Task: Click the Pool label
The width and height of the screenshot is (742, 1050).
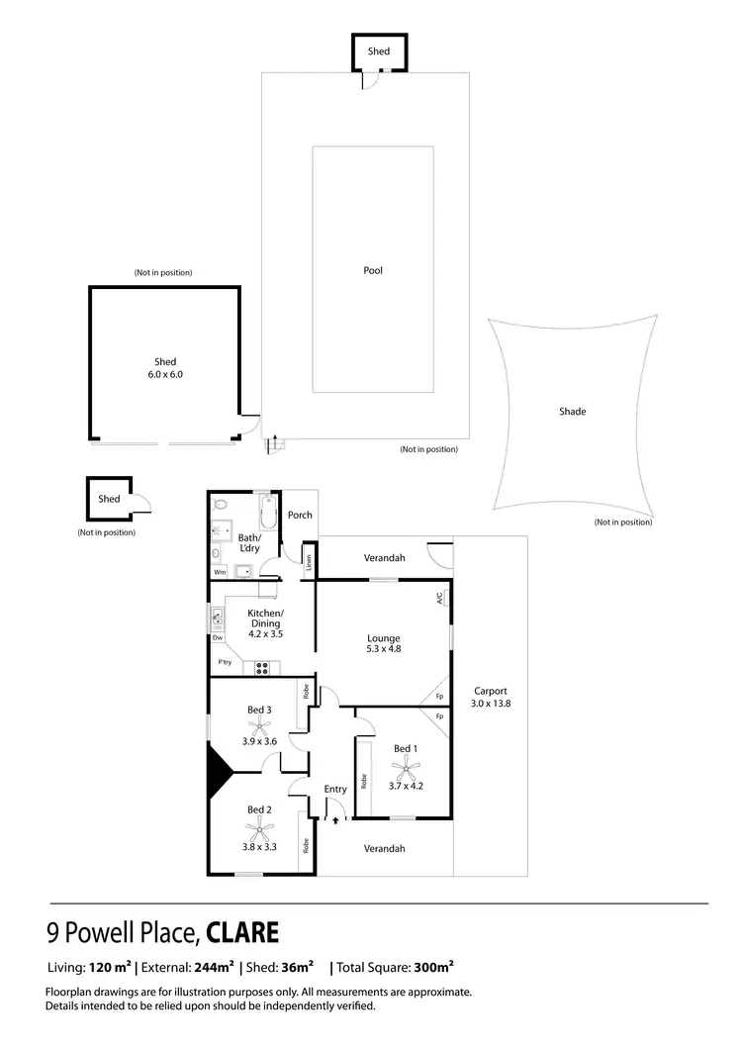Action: pyautogui.click(x=372, y=270)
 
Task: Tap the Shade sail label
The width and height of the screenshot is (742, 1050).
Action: pyautogui.click(x=573, y=411)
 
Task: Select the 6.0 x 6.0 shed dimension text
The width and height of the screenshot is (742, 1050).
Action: pyautogui.click(x=164, y=375)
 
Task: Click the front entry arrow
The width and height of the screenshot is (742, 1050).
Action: pyautogui.click(x=336, y=818)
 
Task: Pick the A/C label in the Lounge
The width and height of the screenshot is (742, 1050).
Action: pyautogui.click(x=439, y=598)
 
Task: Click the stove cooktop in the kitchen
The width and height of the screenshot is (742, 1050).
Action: pyautogui.click(x=263, y=667)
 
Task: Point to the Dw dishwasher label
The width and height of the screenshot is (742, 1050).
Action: pyautogui.click(x=218, y=637)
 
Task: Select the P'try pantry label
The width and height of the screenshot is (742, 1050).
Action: pyautogui.click(x=225, y=663)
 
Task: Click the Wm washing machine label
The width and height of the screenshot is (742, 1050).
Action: pyautogui.click(x=219, y=572)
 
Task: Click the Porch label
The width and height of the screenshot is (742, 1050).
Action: pyautogui.click(x=299, y=515)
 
